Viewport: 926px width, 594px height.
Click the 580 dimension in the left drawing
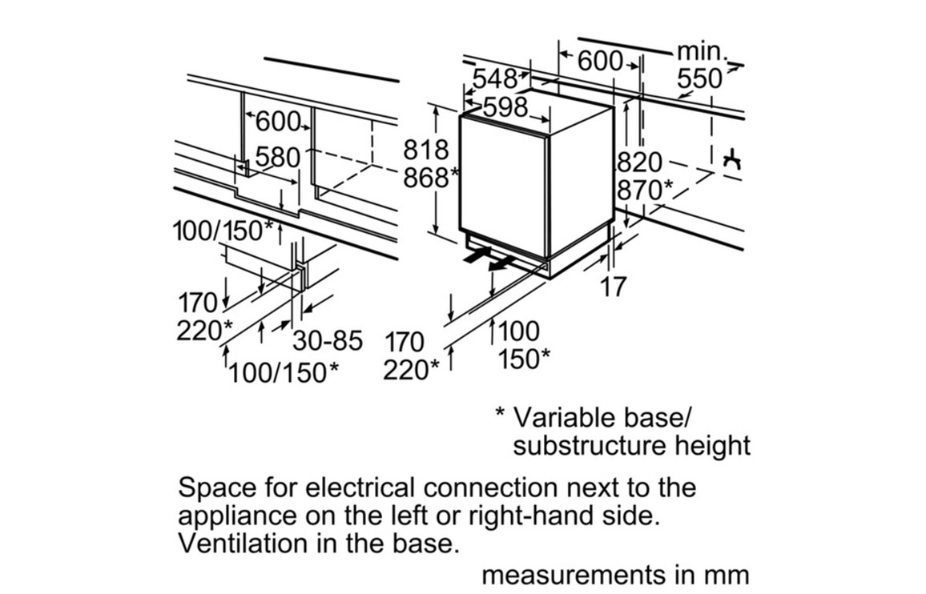point(277,158)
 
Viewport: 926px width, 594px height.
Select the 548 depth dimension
point(494,79)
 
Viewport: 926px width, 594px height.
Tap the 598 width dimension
point(505,107)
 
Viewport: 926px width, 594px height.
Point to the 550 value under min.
point(699,79)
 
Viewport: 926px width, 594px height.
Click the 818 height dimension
point(425,150)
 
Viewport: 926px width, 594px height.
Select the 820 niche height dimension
point(639,163)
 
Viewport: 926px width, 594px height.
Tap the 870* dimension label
point(644,191)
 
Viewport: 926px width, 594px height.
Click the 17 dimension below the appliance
point(614,287)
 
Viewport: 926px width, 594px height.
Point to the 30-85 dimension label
point(327,341)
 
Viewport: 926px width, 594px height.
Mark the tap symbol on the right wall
point(731,161)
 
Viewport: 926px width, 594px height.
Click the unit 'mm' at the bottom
point(728,574)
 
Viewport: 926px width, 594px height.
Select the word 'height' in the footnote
point(717,446)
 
